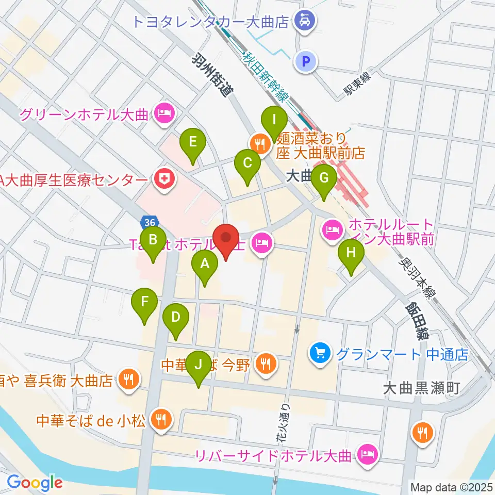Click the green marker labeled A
(205, 265)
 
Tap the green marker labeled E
(192, 142)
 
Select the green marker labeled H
(351, 254)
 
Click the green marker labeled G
(324, 178)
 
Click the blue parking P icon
(305, 62)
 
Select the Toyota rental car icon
(301, 21)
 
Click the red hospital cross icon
(166, 179)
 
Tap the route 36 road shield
(149, 222)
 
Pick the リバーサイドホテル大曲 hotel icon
(368, 455)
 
